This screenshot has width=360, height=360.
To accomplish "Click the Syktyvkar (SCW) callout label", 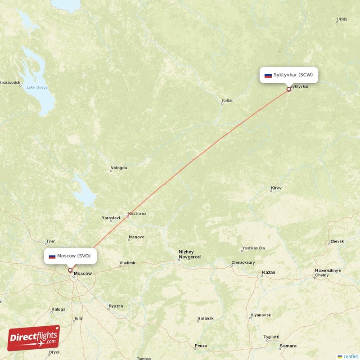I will (x=289, y=75).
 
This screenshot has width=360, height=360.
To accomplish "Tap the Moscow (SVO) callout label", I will (x=70, y=256).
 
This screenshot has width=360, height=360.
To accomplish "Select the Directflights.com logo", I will (x=34, y=338).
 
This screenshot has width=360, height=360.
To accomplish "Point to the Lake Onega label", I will (x=36, y=87).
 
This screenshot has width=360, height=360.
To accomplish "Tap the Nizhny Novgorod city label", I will (x=189, y=254).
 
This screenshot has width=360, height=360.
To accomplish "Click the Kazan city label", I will (x=269, y=273).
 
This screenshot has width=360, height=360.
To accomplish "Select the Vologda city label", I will (x=119, y=168).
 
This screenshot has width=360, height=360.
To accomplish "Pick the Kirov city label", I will (x=276, y=188).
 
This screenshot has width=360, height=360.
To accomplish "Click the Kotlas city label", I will (x=227, y=100).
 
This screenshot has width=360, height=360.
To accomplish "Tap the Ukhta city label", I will (x=342, y=19).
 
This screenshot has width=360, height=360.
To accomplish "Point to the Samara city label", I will (x=288, y=346).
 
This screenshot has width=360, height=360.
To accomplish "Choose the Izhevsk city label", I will (x=336, y=241).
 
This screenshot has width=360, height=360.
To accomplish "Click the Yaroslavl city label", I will (x=111, y=218).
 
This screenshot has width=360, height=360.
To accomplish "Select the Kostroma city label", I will (x=137, y=213).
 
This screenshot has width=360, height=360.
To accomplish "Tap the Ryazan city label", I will (x=116, y=306).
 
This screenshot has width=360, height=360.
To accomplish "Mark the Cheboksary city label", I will (x=243, y=262).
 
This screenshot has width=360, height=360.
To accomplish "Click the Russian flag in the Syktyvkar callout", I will (x=268, y=75).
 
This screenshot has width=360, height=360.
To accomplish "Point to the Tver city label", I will (x=50, y=241).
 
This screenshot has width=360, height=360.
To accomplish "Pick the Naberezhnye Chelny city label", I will (x=328, y=273).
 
